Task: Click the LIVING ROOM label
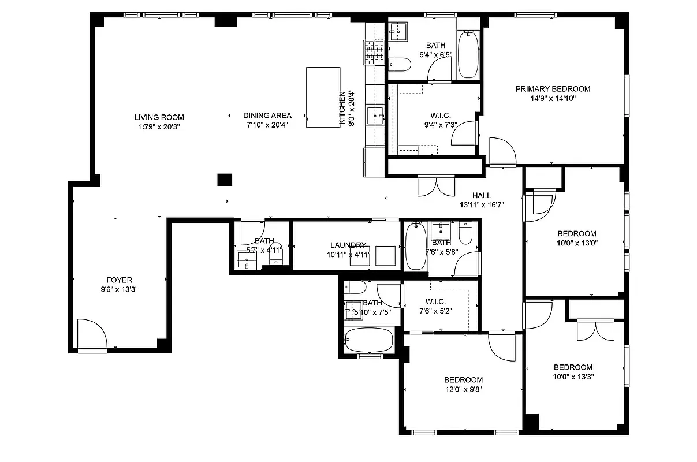coord(159,117)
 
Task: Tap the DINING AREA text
coord(267,115)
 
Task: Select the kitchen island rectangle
coord(323,97)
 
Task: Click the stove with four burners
coord(374,52)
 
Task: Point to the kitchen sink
coord(376,115)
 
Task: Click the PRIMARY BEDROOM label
coord(553,89)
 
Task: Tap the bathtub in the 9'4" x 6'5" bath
coord(468,55)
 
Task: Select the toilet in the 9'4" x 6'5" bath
coord(400,64)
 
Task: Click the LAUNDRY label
coord(348,245)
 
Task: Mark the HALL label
coord(481,196)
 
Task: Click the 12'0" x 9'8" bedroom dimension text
coord(463,389)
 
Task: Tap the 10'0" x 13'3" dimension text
coord(573,376)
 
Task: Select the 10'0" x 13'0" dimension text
coord(576,243)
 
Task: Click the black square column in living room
coord(225,179)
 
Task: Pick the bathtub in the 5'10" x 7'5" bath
coord(368,340)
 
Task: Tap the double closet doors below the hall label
coord(437,185)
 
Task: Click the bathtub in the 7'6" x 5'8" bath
coord(415,247)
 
